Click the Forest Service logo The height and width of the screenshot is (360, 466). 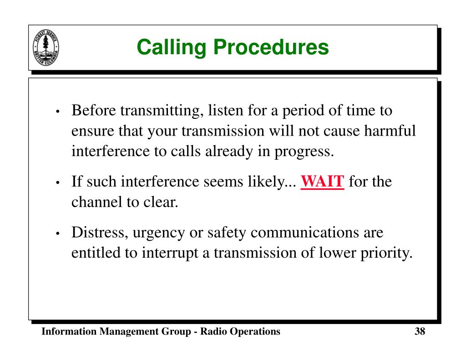46,47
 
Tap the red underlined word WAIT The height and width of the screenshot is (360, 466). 323,183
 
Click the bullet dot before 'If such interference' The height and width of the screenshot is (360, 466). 59,183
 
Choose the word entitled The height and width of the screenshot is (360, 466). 94,253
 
